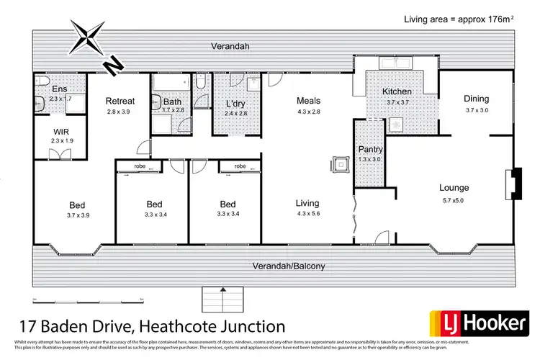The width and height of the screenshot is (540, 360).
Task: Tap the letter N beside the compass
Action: [113, 66]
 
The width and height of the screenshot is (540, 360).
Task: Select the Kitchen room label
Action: [397, 91]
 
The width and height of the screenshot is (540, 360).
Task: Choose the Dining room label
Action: [476, 99]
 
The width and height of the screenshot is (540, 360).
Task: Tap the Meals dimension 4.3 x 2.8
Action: [308, 112]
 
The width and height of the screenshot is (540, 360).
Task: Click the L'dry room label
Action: [235, 102]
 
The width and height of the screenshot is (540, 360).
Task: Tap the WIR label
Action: [61, 132]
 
